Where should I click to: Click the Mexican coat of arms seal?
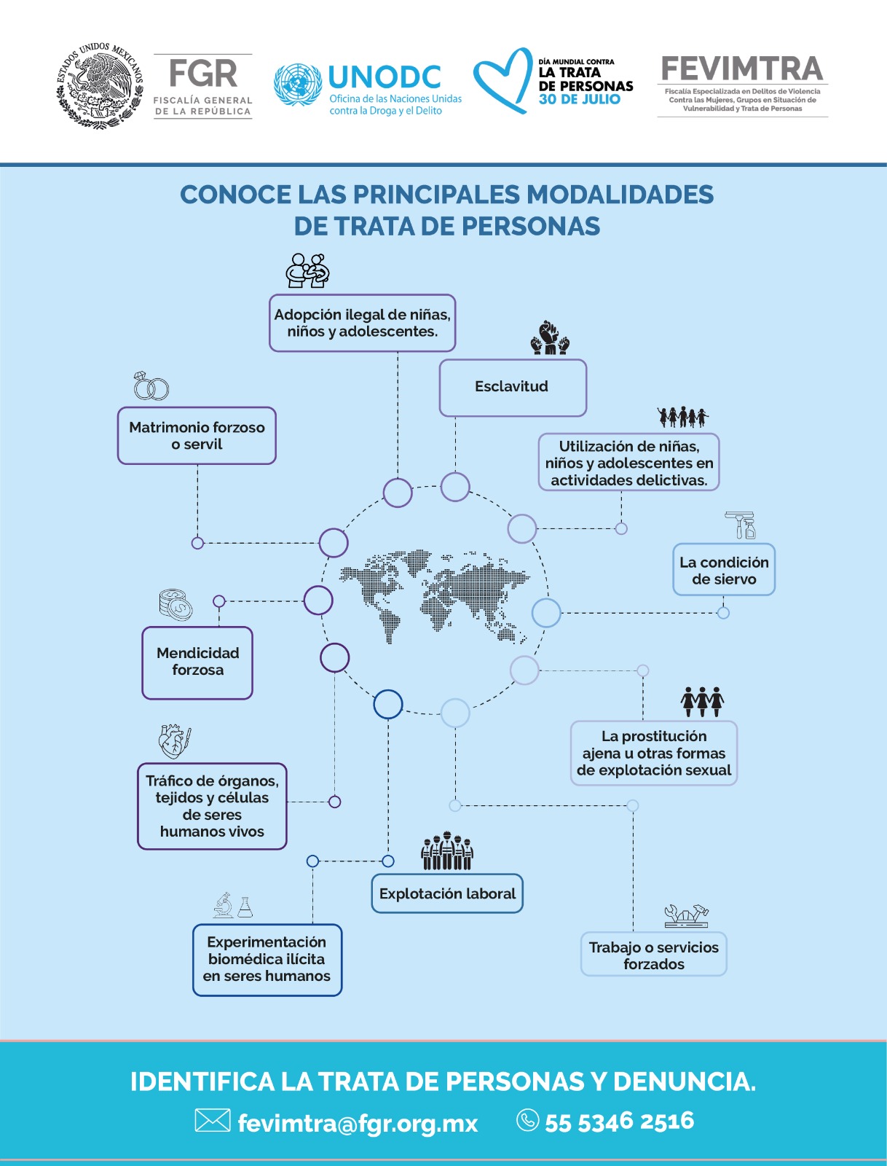coord(100,85)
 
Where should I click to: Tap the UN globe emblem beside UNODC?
coord(297,85)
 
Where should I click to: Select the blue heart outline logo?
coord(502,80)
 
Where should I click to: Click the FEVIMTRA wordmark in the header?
coord(742,69)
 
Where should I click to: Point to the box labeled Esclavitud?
coord(513,387)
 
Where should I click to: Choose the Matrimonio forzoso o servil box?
coord(197,436)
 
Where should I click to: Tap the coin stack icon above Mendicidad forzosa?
coord(176,605)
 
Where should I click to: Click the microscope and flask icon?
coord(233,904)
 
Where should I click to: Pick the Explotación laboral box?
coord(447,893)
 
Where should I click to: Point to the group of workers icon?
coord(447,850)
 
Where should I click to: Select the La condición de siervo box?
coord(724,569)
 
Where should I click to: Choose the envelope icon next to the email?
coord(213,1120)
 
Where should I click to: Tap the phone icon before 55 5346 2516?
coord(528,1120)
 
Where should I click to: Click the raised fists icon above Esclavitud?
coord(550,338)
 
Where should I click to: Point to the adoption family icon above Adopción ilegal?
coord(307,270)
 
